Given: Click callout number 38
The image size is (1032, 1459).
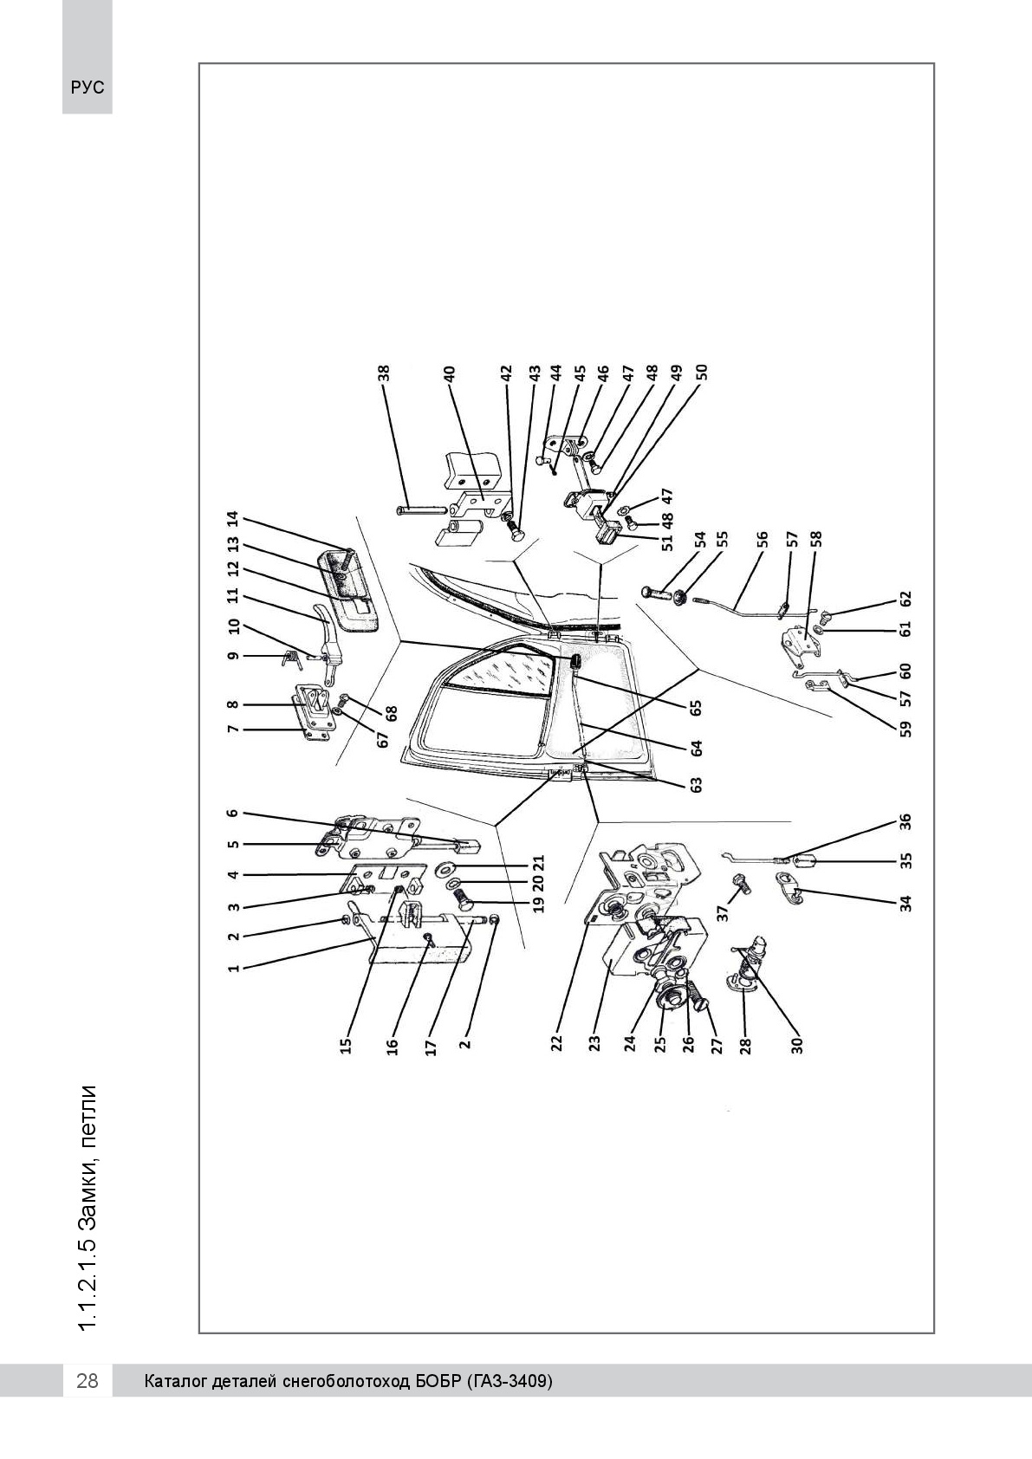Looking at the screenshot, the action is tap(384, 373).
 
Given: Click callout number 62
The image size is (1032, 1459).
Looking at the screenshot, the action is tap(905, 599).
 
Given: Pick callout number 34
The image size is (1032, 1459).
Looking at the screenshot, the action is tap(905, 904).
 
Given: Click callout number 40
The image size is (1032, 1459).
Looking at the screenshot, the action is tap(449, 373).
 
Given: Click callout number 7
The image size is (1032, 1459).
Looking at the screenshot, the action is tap(233, 729).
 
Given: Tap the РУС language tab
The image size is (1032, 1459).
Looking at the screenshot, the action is tap(88, 88).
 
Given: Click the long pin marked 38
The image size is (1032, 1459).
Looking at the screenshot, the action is tap(421, 510).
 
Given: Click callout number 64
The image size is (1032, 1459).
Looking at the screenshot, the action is tap(696, 748).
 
